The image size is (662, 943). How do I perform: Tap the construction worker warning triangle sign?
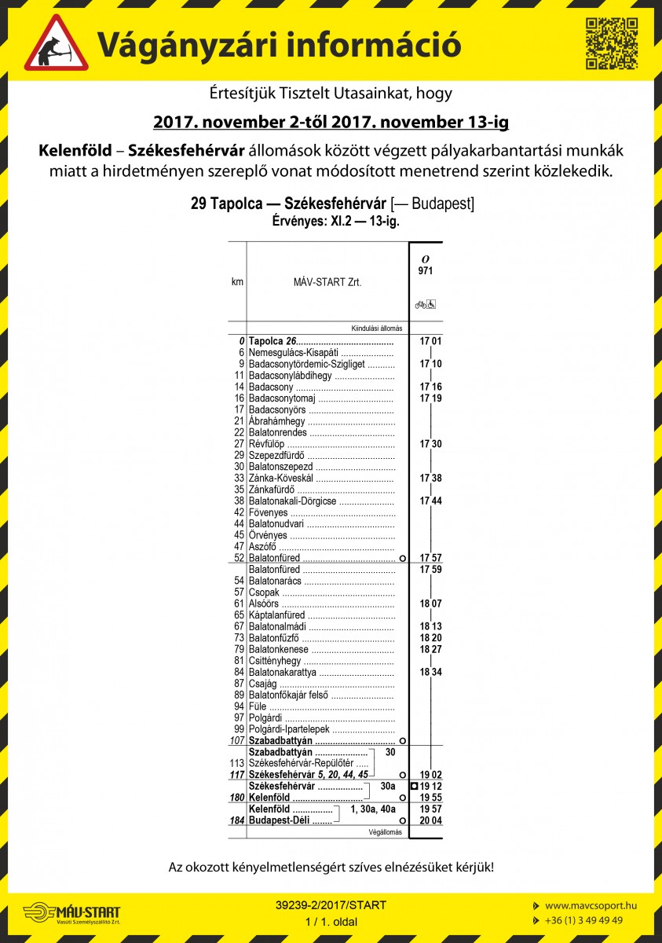(x=56, y=43)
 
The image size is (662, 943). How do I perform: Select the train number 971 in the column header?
(x=426, y=271)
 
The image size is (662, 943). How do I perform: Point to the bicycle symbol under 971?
(x=421, y=304)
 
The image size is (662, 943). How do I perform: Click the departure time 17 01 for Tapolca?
(x=430, y=341)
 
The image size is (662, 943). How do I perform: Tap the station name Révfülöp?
(x=267, y=444)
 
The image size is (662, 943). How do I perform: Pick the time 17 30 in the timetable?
(x=430, y=444)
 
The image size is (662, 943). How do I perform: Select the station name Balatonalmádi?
(x=277, y=626)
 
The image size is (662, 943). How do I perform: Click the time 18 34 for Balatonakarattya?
(x=430, y=672)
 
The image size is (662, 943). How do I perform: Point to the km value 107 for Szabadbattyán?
(x=237, y=741)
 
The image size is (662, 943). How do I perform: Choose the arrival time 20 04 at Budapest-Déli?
(x=430, y=820)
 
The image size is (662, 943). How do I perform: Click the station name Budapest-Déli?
(x=278, y=820)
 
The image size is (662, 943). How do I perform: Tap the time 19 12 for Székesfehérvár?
(x=430, y=786)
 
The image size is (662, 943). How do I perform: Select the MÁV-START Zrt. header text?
(x=327, y=281)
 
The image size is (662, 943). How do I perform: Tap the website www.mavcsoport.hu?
(x=591, y=905)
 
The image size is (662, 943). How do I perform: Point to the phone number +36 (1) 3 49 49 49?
(x=584, y=920)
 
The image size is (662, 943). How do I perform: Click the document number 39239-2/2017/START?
(x=331, y=905)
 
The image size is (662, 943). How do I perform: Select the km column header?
(x=237, y=281)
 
